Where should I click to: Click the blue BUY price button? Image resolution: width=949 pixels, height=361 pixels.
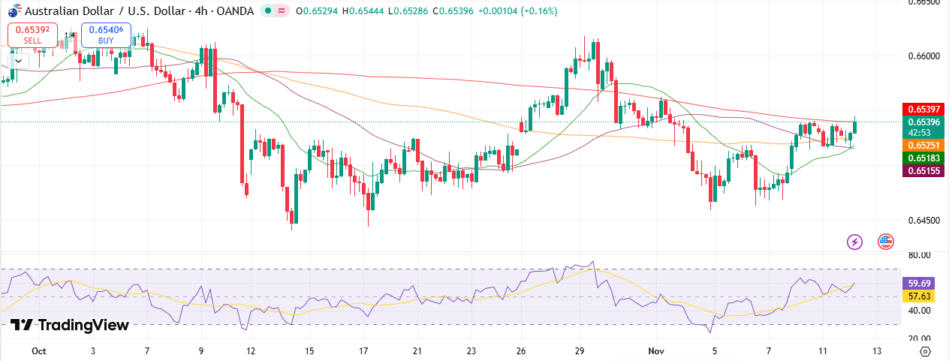coord(106,35)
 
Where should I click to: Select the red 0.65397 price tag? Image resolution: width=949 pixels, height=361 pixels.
coord(924,109)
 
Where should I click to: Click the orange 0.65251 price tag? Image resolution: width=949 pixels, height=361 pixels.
coord(924,145)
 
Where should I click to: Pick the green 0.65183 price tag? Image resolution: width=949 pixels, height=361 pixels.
coord(924,158)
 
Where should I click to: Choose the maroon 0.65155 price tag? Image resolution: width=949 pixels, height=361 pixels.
coord(924,171)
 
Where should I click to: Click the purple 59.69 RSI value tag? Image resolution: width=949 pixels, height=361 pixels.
coord(920,284)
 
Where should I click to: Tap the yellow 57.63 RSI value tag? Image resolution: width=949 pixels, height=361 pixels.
coord(920,297)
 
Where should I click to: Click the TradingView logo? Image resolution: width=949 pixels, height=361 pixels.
coord(70,325)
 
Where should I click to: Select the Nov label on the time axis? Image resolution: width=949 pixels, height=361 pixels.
coord(657,351)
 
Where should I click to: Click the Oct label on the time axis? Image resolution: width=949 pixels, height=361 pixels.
coord(40,351)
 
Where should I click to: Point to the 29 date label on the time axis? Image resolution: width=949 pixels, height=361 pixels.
coord(580,351)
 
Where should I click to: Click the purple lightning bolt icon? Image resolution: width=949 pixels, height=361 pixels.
coord(854,242)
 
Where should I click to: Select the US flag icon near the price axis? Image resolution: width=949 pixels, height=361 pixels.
coord(885,242)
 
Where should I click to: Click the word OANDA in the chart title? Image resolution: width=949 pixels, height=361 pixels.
coord(233,11)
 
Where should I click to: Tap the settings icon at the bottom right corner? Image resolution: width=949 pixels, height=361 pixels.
coord(925,351)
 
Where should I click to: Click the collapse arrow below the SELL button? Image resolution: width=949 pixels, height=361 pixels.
coord(17,59)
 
